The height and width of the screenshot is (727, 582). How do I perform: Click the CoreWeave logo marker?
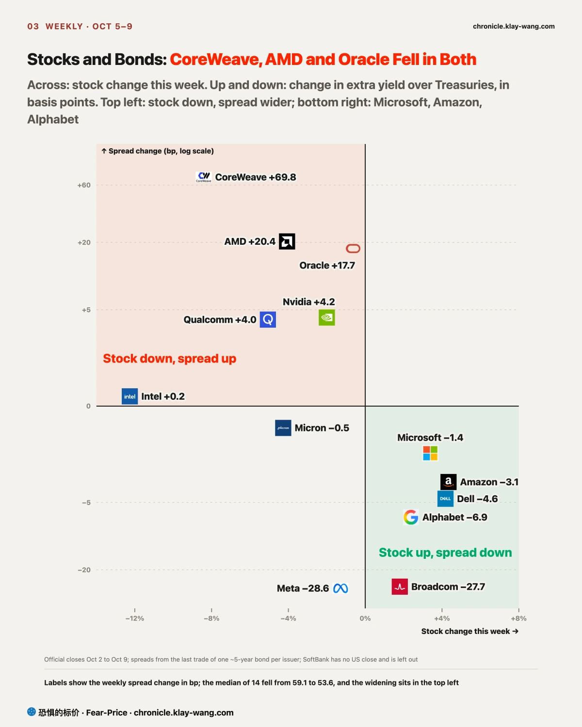tap(204, 177)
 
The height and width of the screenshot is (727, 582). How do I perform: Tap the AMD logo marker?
tap(287, 241)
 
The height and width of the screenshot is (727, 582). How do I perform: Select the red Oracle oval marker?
tap(353, 249)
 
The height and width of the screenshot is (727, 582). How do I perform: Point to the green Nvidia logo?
tap(327, 317)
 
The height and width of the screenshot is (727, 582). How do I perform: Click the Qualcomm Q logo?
tap(268, 319)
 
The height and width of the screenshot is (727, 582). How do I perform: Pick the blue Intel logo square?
tap(130, 396)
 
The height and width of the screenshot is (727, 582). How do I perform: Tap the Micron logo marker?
tap(283, 428)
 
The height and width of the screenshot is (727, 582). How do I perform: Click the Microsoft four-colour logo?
tap(430, 453)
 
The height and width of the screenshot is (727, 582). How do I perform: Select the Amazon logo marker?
tap(449, 482)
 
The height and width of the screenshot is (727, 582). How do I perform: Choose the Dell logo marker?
tap(445, 499)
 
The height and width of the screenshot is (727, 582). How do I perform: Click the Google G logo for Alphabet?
tap(411, 517)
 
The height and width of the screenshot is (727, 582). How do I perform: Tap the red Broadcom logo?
tap(400, 587)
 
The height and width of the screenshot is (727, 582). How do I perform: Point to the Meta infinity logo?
tap(340, 588)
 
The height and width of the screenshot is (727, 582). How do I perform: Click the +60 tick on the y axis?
tap(84, 185)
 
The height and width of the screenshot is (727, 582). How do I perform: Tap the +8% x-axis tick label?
tap(519, 618)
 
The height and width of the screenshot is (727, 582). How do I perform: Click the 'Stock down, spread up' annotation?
tap(169, 359)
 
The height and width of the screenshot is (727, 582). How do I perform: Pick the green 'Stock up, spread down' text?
tap(445, 553)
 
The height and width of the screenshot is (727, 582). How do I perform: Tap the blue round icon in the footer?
tap(32, 711)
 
